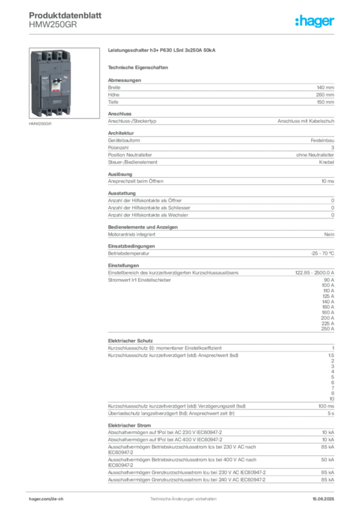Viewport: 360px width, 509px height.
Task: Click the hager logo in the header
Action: point(314,21)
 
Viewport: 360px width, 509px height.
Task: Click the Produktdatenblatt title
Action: point(65,15)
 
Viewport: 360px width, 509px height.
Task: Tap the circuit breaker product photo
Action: point(64,83)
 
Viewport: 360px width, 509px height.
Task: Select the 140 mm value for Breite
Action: point(325,87)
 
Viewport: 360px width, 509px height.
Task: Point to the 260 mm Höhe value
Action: point(325,95)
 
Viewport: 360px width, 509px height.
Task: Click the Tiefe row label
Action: point(113,102)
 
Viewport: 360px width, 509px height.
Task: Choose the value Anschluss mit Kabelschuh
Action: point(306,121)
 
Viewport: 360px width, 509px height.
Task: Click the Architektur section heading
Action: point(121,133)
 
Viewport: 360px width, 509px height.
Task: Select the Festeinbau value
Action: point(322,141)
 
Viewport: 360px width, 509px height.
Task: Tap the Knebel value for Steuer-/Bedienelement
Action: point(327,162)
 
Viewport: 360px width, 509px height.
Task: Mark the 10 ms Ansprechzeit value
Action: point(328,181)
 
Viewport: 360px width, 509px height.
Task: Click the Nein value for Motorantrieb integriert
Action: point(329,235)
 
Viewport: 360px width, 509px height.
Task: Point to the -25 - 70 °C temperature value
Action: point(322,254)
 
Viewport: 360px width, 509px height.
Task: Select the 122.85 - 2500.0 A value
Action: point(315,273)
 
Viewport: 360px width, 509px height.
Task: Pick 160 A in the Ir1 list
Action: point(328,307)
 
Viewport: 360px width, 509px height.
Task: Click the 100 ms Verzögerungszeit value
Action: point(326,406)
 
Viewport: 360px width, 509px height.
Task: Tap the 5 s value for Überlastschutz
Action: point(331,413)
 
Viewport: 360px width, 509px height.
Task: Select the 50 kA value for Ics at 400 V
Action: point(328,460)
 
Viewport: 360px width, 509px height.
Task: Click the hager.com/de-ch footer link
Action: point(46,499)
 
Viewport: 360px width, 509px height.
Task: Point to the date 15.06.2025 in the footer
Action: point(323,499)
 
